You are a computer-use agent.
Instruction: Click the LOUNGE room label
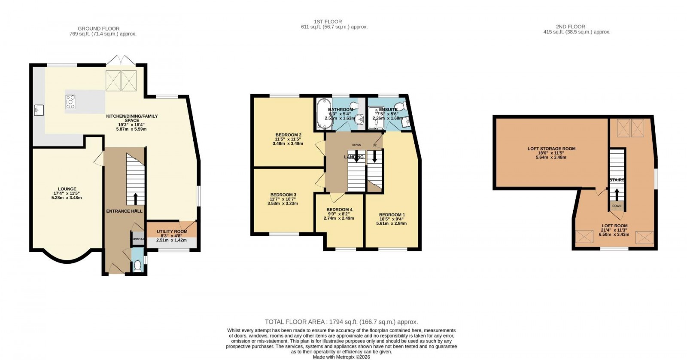click(x=67, y=189)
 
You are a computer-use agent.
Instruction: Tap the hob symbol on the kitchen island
click(x=70, y=102)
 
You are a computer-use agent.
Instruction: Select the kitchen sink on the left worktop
click(x=39, y=110)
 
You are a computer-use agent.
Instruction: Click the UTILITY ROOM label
click(x=172, y=232)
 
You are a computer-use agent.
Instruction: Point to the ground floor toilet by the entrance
click(x=137, y=267)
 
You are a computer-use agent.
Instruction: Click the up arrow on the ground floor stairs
click(x=136, y=198)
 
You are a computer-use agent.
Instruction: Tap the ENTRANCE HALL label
click(x=124, y=211)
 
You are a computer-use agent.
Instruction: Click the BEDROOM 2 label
click(x=288, y=135)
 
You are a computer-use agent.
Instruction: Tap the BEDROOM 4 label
click(x=339, y=210)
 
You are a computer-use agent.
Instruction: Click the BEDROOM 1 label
click(x=392, y=215)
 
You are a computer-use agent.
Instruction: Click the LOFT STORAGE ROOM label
click(x=551, y=149)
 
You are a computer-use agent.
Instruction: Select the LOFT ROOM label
click(x=614, y=226)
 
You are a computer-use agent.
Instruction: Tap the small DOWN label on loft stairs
click(x=617, y=206)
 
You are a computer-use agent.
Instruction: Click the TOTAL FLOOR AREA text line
click(x=341, y=322)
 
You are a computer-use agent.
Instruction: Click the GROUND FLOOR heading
click(x=99, y=28)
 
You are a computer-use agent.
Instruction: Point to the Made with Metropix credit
click(x=341, y=357)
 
